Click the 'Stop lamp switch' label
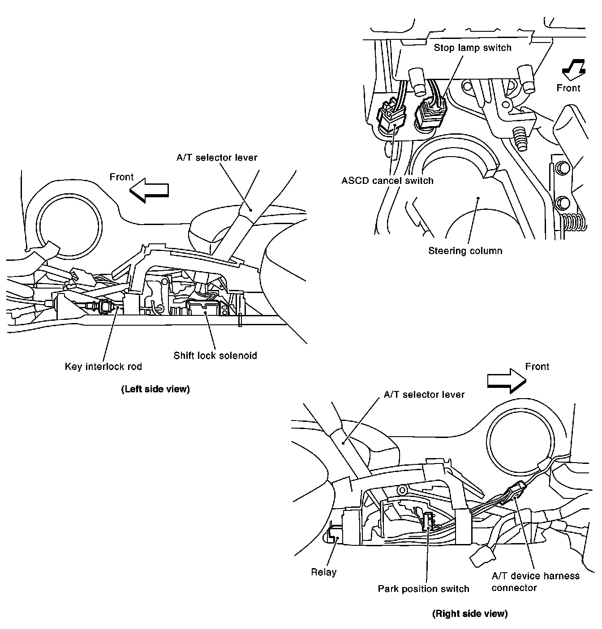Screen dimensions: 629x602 472,47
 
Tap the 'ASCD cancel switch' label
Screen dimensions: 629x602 387,181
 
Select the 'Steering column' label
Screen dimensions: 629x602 465,251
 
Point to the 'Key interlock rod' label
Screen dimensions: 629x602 103,366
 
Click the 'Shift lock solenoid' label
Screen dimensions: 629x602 215,356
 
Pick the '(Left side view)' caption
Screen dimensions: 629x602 155,389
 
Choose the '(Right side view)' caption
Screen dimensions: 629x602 469,614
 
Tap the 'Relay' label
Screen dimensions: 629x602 323,572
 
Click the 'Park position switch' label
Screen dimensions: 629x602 423,589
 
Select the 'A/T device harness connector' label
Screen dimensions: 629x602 535,582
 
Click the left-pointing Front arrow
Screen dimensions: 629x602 149,190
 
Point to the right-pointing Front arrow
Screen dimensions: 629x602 506,380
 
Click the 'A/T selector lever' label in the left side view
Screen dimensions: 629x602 217,157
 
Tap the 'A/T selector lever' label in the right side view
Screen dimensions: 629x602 424,395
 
